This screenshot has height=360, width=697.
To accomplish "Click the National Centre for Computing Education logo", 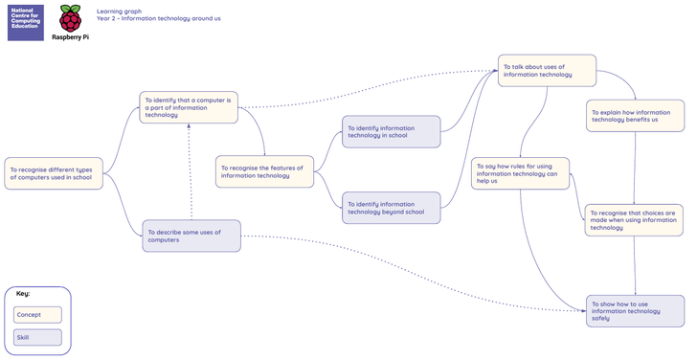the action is [26, 23].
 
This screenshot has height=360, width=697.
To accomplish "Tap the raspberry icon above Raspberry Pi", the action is [71, 18].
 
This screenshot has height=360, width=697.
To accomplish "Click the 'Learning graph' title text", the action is [119, 11].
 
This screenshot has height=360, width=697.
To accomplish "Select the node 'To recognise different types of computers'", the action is [54, 173].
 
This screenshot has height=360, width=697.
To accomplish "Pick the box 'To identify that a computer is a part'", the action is [189, 107].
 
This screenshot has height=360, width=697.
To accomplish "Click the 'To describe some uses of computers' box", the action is [191, 236].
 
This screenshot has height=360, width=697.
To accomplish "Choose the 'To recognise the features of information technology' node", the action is [264, 171].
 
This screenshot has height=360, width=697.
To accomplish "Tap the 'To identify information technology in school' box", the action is [392, 132].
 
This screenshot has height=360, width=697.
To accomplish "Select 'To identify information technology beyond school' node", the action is [392, 208].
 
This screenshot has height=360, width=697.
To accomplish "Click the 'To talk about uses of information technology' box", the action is [547, 71].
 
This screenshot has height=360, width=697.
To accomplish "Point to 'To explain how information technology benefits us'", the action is [635, 116].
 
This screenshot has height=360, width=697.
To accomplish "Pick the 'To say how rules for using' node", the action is [520, 173].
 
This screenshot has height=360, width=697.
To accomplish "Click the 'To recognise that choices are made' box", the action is [634, 220].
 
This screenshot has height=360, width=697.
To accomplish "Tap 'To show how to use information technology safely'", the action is [635, 311].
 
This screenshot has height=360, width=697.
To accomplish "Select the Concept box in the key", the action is [37, 315].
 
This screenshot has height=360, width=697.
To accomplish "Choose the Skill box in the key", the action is [37, 337].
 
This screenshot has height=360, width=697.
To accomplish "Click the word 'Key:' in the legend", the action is [23, 293].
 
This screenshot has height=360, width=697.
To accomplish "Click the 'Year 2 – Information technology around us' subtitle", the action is [159, 18].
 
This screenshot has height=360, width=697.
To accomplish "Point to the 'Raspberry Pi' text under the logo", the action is [70, 37].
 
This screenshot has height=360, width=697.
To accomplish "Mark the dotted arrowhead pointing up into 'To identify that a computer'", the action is [189, 126].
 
